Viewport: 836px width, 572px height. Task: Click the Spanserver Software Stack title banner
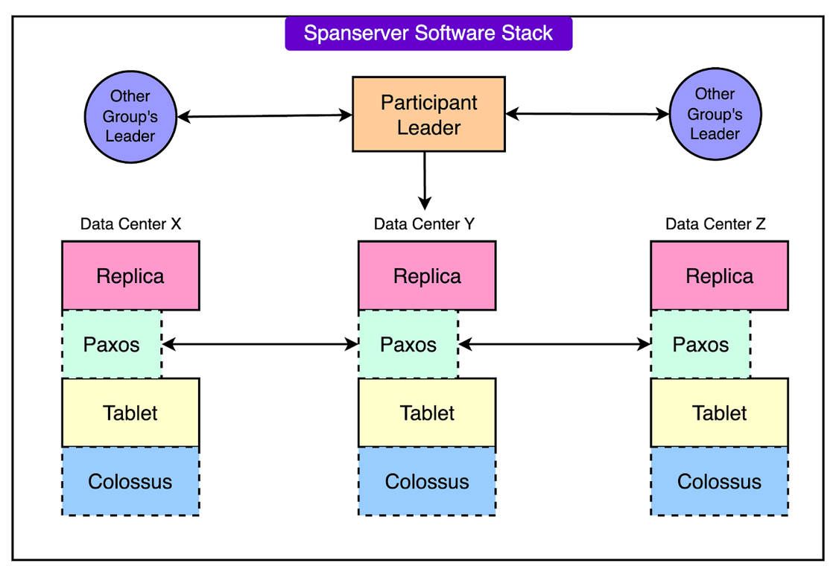[x=428, y=34]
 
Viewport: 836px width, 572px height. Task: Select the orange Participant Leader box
[x=428, y=114]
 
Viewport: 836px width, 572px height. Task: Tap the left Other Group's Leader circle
[x=130, y=116]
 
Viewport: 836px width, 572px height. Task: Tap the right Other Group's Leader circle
[x=715, y=114]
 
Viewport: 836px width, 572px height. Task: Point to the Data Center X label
[x=130, y=224]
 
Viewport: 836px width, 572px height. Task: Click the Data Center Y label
[x=424, y=224]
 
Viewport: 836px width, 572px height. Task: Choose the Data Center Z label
[x=715, y=224]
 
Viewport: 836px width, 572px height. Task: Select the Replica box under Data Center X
[x=130, y=276]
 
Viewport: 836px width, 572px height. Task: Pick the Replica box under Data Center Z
[x=719, y=276]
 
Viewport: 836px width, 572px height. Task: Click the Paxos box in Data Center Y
[x=408, y=344]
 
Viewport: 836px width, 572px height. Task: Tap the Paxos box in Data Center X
[x=111, y=344]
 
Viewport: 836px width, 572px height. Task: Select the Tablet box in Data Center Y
[x=427, y=413]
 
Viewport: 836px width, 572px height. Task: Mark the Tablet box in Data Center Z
[x=719, y=413]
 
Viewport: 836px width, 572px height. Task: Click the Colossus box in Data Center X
[x=130, y=481]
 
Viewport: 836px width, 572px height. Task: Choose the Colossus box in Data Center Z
[x=719, y=481]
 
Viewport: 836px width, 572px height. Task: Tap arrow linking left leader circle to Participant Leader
[x=265, y=116]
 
